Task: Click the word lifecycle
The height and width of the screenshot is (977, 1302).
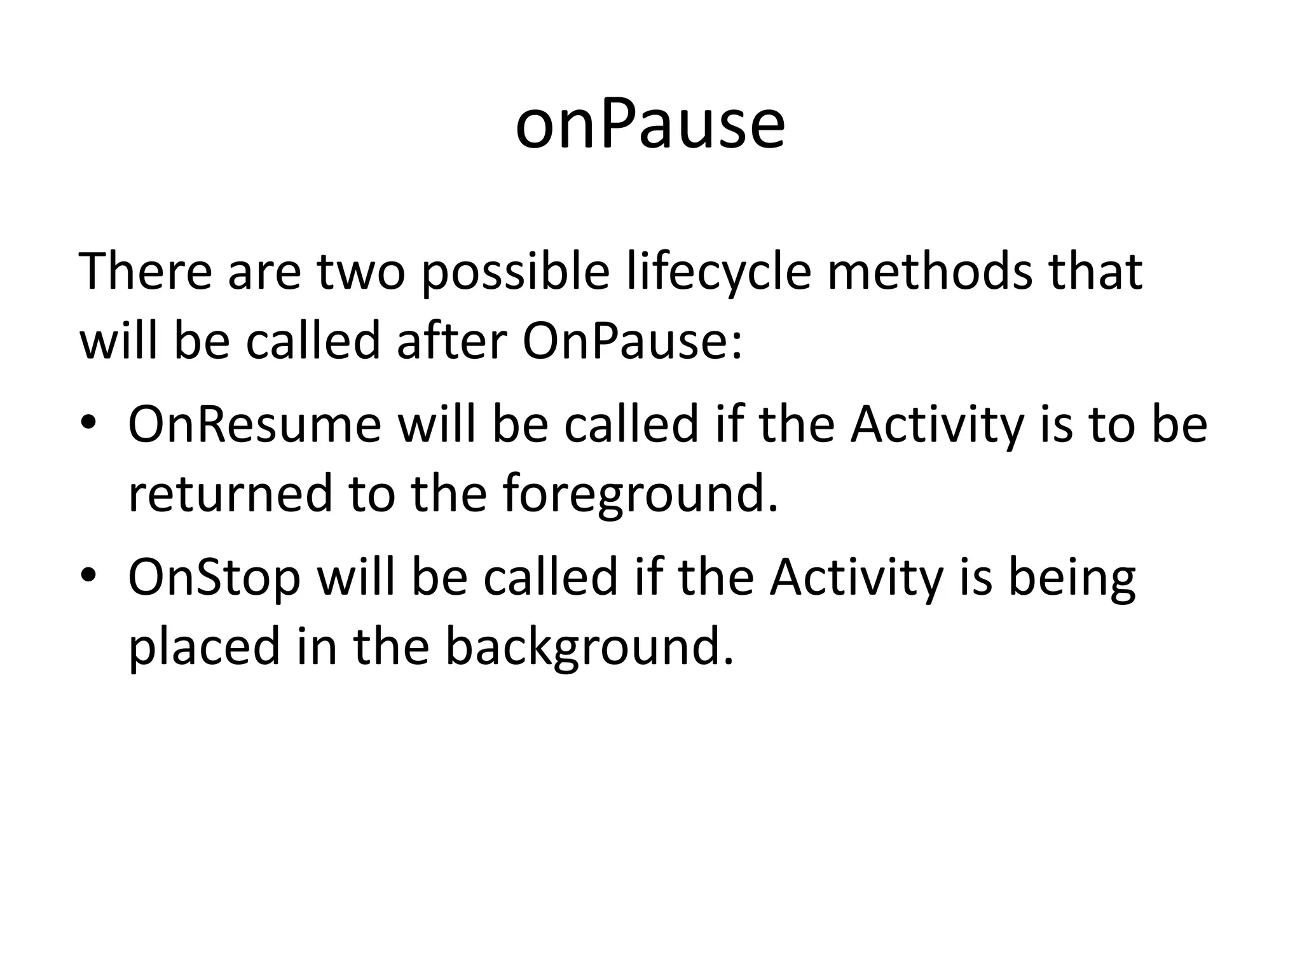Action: (718, 272)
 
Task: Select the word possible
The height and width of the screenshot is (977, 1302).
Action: (515, 272)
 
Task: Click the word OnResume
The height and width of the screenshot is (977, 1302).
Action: (254, 424)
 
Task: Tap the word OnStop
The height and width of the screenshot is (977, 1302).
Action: (214, 577)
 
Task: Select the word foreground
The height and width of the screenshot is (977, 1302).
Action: (640, 494)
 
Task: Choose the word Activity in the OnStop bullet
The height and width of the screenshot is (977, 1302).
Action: (856, 577)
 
